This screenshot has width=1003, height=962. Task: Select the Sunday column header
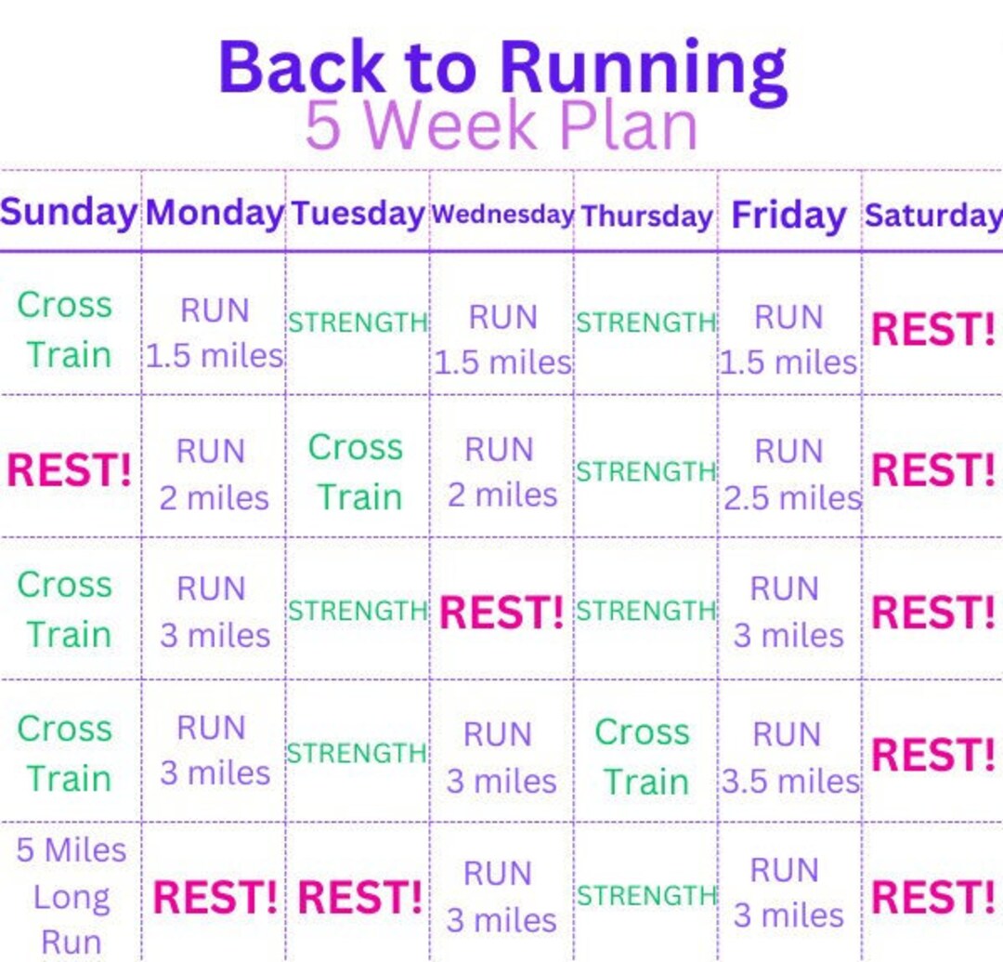tap(69, 212)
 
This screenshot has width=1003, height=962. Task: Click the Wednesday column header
tap(501, 214)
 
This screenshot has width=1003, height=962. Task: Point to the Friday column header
tap(788, 215)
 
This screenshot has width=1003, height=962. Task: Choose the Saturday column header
tap(932, 215)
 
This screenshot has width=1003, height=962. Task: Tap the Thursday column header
tap(646, 216)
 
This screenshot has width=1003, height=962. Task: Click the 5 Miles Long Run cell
tap(71, 896)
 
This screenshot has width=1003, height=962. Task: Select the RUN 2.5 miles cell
tap(791, 474)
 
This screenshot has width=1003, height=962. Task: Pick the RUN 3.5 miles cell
tap(790, 758)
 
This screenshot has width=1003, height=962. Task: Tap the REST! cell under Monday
tap(215, 898)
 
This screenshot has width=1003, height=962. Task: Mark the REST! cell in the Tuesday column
tap(359, 898)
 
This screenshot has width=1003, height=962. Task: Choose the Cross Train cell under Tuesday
tap(358, 472)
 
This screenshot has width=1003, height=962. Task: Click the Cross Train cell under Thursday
tap(644, 757)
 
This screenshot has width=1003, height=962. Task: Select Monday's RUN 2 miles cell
tap(213, 474)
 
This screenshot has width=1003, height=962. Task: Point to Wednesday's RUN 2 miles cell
tap(501, 472)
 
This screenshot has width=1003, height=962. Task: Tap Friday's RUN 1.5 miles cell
tap(789, 339)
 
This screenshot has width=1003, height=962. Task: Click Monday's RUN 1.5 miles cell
tap(215, 333)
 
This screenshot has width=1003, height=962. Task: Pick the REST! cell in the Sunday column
tap(69, 470)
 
